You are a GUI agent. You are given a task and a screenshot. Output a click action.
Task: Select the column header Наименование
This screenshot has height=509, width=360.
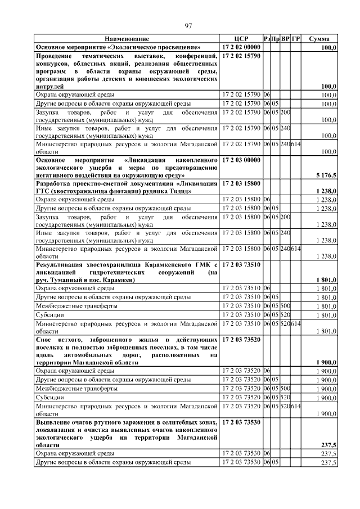coord(127,39)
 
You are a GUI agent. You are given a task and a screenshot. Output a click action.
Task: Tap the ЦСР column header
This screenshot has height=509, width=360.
coord(241,39)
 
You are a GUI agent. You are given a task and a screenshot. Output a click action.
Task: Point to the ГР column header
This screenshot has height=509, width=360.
coord(296,39)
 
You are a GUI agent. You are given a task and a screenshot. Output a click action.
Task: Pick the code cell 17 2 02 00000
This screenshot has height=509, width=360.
coord(241,48)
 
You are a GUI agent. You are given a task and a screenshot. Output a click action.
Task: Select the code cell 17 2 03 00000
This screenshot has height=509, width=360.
coord(241,160)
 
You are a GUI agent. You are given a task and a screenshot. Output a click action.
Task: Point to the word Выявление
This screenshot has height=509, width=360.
coord(56,421)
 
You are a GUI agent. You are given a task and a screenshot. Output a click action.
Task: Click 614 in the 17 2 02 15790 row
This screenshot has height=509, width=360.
coord(296,144)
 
